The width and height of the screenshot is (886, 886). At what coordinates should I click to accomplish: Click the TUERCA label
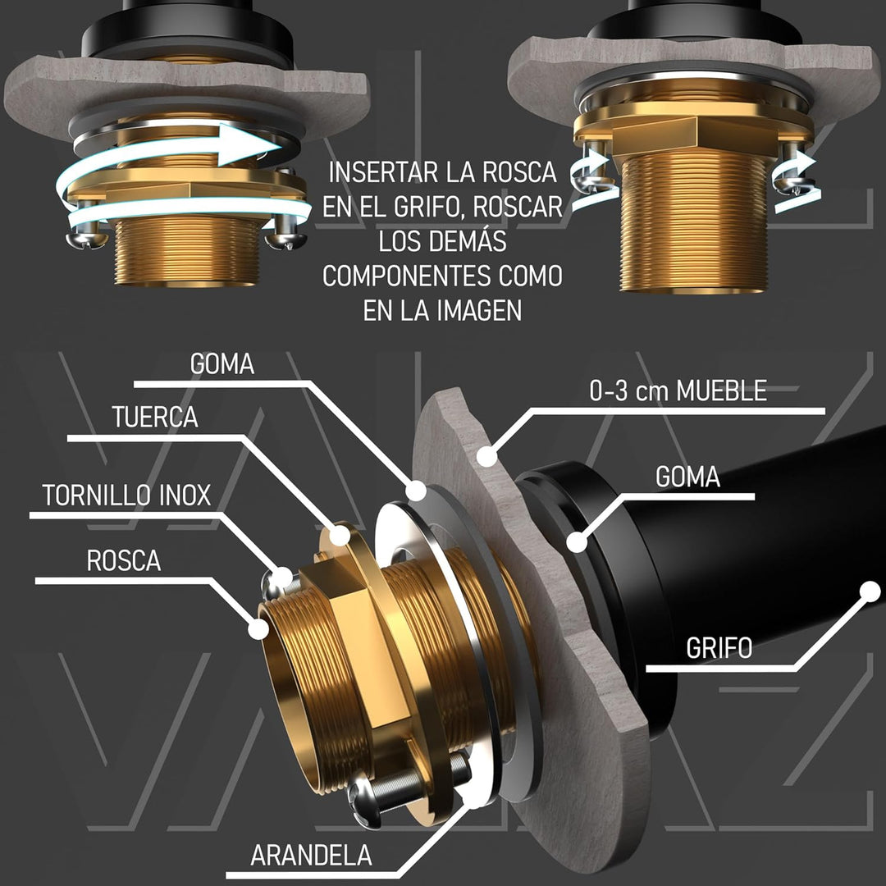click(x=155, y=417)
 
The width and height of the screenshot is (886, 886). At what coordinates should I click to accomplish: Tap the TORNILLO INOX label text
click(x=126, y=496)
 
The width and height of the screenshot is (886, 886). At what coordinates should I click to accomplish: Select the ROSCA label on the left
click(x=124, y=560)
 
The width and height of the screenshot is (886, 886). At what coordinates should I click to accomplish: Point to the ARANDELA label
click(x=312, y=856)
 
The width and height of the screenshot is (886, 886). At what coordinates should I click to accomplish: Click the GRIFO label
click(x=719, y=648)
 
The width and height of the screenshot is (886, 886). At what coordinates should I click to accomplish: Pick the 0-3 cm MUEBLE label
click(x=678, y=390)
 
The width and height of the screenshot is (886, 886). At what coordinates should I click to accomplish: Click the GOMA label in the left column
click(x=222, y=364)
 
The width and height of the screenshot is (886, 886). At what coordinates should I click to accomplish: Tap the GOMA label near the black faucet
click(x=687, y=477)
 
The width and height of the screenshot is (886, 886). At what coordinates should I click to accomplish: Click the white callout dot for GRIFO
click(x=870, y=591)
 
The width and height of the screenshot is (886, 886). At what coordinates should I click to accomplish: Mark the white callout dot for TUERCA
click(x=340, y=535)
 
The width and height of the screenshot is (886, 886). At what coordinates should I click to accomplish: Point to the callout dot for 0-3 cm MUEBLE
click(x=486, y=456)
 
